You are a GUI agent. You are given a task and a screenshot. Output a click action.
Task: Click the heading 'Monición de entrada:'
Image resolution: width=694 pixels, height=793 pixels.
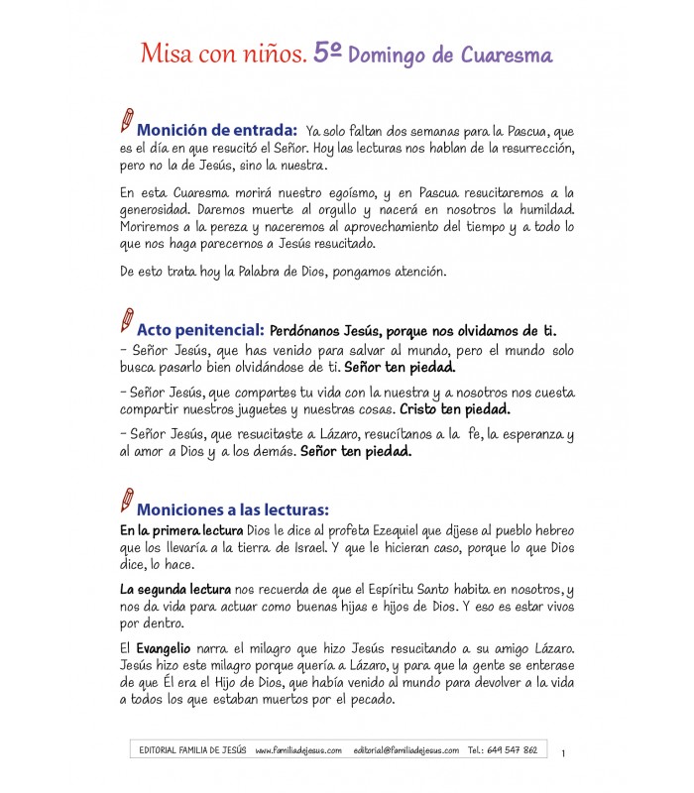tap(217, 131)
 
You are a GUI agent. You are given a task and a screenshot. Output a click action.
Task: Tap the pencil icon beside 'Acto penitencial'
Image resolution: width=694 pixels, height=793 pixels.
tap(126, 321)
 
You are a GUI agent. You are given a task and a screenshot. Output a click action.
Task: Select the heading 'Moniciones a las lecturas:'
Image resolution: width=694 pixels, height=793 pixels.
tap(232, 510)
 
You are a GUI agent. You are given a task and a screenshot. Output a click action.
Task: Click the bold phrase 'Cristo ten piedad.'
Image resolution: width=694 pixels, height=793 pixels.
tap(456, 407)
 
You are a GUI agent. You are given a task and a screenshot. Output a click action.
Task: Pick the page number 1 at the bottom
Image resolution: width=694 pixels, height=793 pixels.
tap(563, 754)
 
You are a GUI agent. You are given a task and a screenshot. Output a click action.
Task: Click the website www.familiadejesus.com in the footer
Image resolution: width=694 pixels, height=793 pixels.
tap(298, 750)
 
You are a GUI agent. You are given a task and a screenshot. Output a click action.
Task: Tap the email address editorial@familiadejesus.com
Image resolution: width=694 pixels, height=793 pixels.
tap(405, 750)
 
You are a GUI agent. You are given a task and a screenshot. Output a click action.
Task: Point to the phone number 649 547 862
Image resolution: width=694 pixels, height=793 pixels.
tap(517, 750)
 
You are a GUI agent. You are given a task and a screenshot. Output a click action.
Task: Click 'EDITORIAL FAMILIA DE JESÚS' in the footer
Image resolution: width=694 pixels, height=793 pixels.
tap(193, 750)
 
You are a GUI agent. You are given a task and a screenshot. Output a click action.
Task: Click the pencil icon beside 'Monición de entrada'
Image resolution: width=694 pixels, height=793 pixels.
tap(126, 121)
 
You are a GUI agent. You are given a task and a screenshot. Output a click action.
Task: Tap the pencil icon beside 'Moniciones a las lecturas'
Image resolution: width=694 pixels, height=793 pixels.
tap(126, 501)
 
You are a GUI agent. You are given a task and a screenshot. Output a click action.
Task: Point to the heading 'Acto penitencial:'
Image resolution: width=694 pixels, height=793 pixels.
tap(199, 329)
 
